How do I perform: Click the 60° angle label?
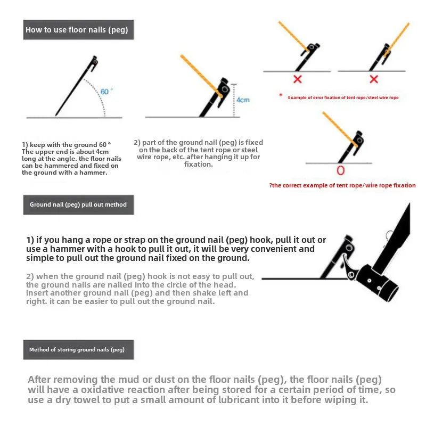pyautogui.click(x=104, y=92)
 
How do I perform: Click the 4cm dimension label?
pyautogui.click(x=243, y=100)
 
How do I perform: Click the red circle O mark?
pyautogui.click(x=341, y=171)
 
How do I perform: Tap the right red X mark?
pyautogui.click(x=374, y=79)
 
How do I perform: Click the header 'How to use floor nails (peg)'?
pyautogui.click(x=78, y=30)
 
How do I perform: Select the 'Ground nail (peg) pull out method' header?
pyautogui.click(x=78, y=204)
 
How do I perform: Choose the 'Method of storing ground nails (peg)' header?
pyautogui.click(x=78, y=350)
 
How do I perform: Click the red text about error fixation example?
pyautogui.click(x=343, y=97)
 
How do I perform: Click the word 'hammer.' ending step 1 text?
pyautogui.click(x=95, y=173)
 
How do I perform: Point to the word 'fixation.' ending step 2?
pyautogui.click(x=198, y=164)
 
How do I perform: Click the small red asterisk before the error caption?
pyautogui.click(x=281, y=95)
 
